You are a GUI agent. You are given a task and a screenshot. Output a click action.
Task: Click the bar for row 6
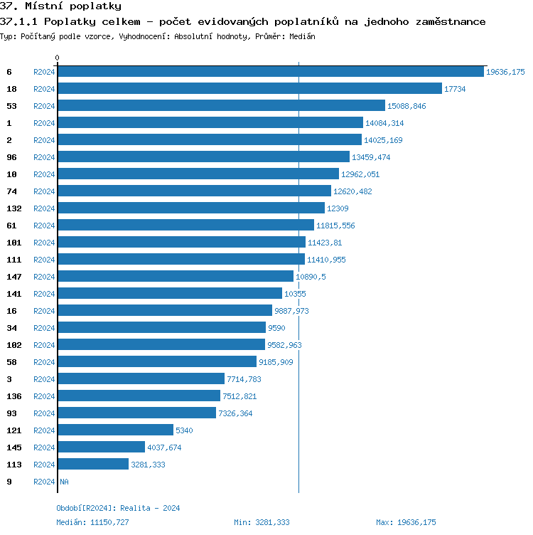coord(270,71)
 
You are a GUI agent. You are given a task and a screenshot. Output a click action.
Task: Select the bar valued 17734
coord(249,88)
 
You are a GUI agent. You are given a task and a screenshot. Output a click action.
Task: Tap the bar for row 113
coord(93,464)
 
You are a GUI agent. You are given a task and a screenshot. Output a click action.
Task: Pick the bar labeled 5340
coord(115,430)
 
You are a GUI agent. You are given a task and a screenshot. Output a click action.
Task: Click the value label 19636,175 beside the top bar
coord(505,72)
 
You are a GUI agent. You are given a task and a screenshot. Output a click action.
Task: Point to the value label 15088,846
coord(407,106)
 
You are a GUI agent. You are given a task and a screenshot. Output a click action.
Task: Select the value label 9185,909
coord(276,362)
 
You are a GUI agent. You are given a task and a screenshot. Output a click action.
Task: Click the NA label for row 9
coord(64,482)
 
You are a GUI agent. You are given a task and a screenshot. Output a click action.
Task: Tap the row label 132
coord(14,208)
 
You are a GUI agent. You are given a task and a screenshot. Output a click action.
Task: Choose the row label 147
coord(14,277)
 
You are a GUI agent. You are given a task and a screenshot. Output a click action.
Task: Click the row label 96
coord(11,157)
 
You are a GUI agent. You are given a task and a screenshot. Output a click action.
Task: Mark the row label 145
coord(14,447)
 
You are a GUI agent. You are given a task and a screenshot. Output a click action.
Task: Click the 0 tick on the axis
coord(58,58)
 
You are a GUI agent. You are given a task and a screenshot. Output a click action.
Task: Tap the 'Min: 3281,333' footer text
coord(262,522)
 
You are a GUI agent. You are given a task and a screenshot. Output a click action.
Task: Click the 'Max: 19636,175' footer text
coord(406,522)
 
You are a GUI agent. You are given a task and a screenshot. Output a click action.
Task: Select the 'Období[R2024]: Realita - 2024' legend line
coord(118,508)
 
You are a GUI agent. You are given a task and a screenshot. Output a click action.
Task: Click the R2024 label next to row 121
coord(44,430)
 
